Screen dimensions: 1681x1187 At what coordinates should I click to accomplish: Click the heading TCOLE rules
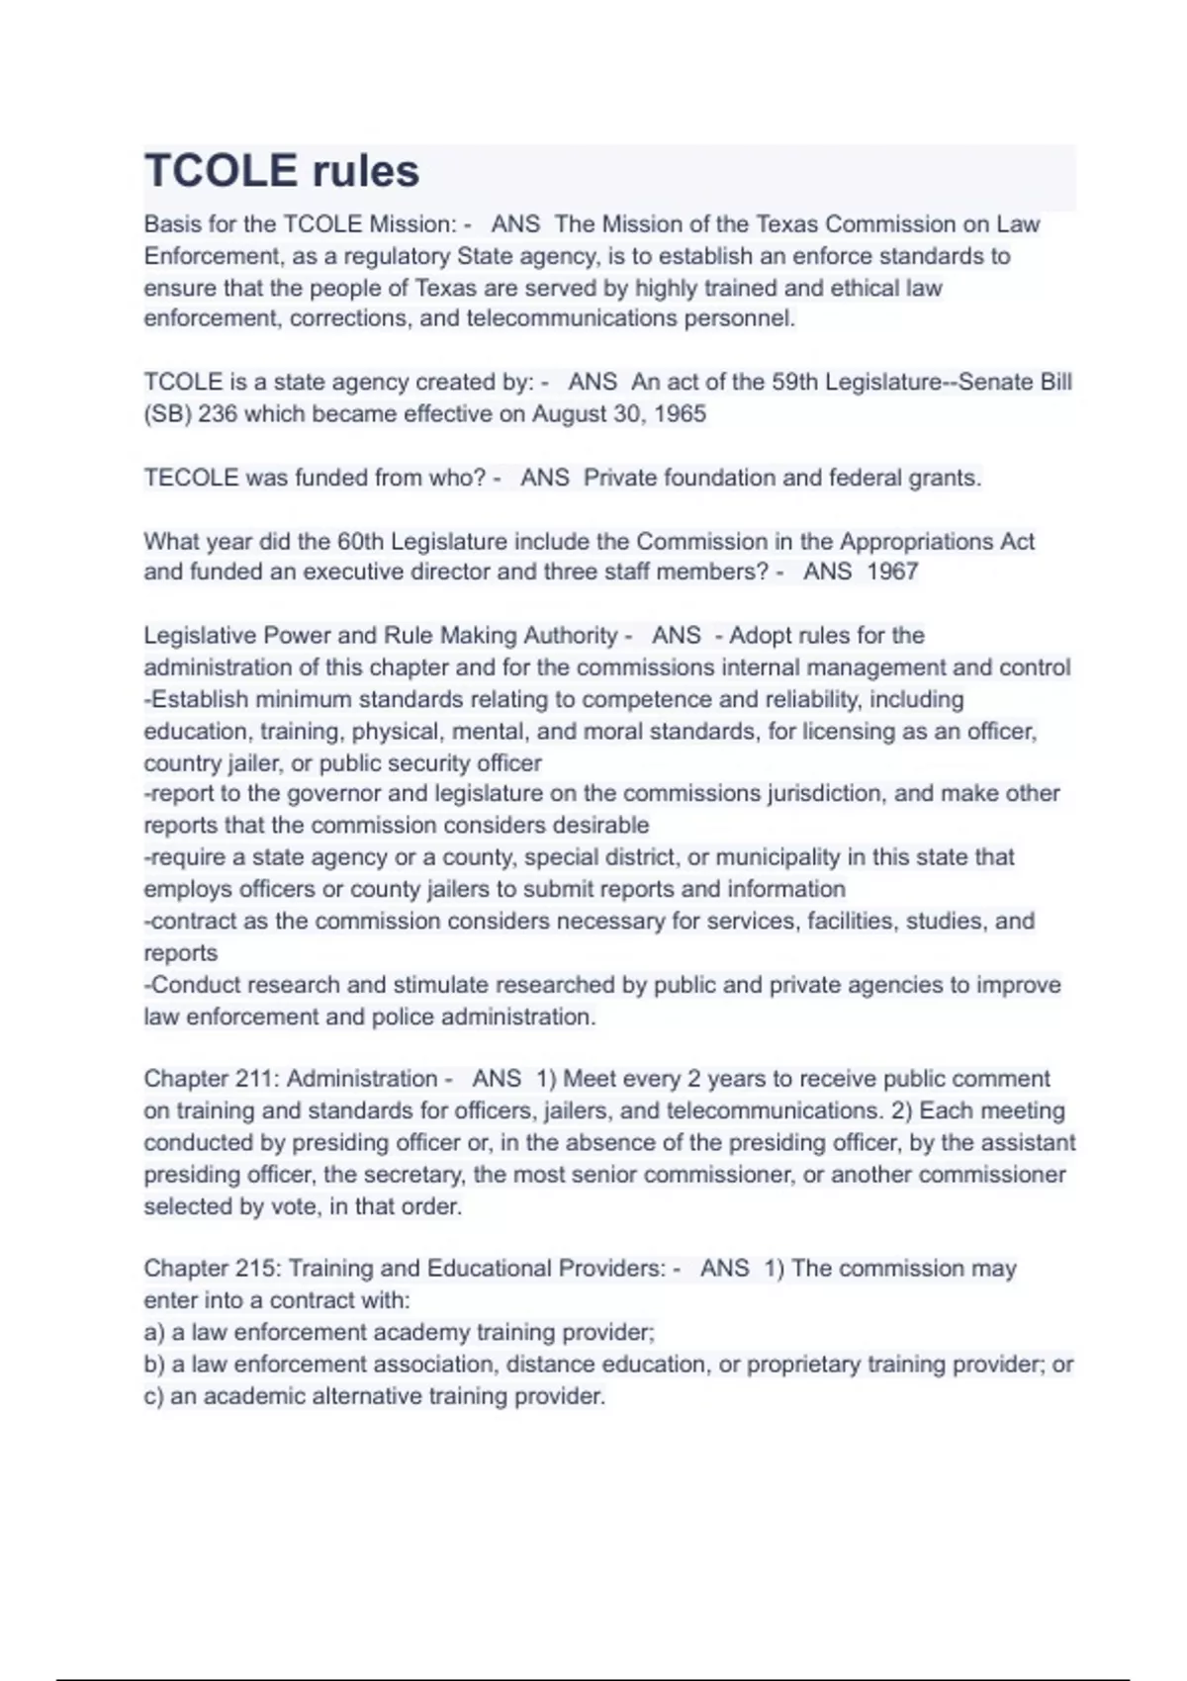pos(282,171)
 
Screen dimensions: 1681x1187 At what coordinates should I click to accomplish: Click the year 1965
pos(681,413)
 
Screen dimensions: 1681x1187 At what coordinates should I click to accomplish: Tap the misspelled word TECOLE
pos(191,478)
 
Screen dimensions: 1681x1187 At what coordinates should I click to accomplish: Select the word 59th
pos(794,382)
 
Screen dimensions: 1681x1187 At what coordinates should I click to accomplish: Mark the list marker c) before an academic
pos(154,1396)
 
